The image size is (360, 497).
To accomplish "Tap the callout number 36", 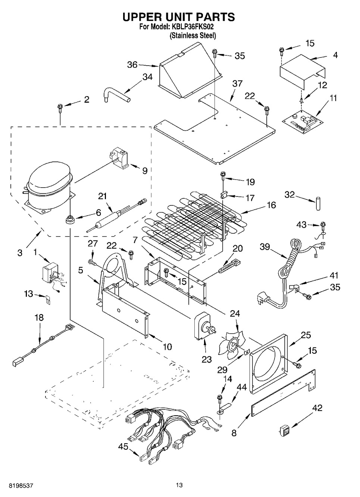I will pyautogui.click(x=132, y=65).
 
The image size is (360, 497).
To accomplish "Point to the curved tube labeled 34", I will pyautogui.click(x=116, y=93).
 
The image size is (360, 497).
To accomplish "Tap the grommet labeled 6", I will pyautogui.click(x=69, y=220).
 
